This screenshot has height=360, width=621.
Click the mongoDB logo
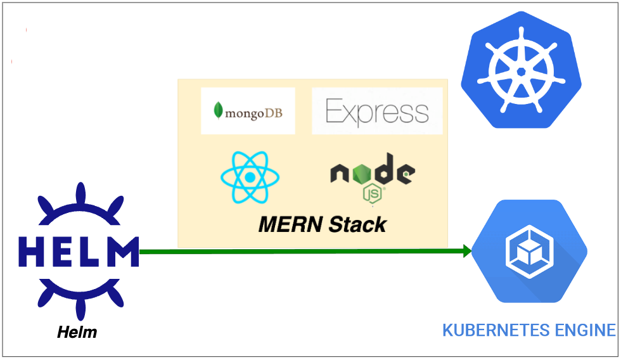(x=248, y=112)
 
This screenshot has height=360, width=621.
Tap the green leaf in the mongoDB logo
(x=219, y=111)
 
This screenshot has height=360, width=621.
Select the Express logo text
(x=377, y=112)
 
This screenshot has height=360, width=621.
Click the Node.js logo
(x=372, y=177)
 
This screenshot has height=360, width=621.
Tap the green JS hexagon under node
(x=373, y=193)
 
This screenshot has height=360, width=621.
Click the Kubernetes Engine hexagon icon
(x=529, y=251)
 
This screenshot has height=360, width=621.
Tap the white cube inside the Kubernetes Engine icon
(x=529, y=252)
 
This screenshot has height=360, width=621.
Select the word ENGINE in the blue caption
(x=587, y=330)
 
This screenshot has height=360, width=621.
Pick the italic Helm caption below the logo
(x=77, y=331)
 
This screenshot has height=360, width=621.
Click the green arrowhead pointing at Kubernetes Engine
(x=468, y=251)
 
